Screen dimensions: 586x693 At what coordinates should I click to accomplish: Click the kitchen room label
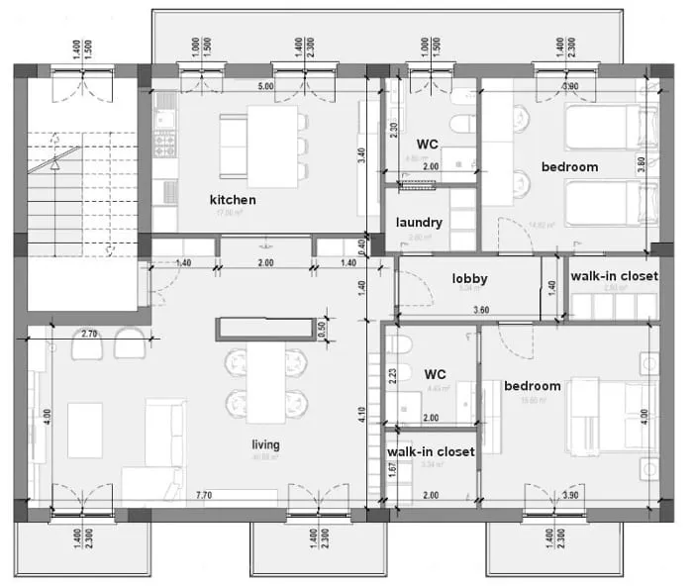click(x=233, y=200)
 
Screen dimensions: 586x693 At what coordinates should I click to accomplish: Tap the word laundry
click(x=419, y=223)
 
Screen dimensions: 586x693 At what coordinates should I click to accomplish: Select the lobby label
click(x=469, y=279)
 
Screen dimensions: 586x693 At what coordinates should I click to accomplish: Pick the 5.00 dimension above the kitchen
click(x=265, y=87)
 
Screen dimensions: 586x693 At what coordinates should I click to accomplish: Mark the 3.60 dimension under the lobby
click(x=481, y=311)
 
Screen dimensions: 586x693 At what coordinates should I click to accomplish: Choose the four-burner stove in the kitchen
click(x=163, y=146)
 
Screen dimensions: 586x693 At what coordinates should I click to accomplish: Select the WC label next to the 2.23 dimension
click(x=436, y=375)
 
